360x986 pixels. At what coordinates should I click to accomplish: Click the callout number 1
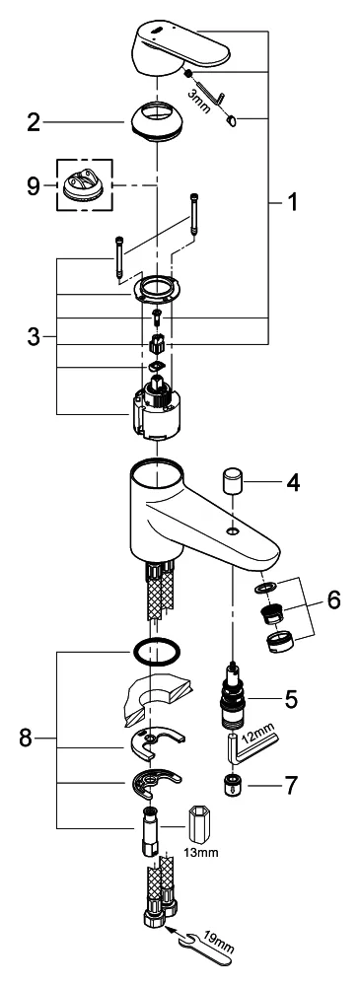pos(291,202)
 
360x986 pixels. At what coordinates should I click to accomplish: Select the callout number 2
pos(34,122)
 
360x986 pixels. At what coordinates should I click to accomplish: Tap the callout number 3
pos(34,336)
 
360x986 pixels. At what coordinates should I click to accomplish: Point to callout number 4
pos(292,483)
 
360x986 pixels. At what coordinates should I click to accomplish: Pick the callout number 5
pos(291,700)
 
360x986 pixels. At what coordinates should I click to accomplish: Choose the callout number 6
pos(333,599)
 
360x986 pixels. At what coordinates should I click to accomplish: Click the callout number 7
pos(291,785)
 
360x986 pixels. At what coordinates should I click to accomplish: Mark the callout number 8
pos(26,739)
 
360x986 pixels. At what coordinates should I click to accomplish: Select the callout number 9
pos(34,186)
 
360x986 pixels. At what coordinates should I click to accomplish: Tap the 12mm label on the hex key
pos(257,737)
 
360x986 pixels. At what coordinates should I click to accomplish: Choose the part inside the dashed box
pos(86,185)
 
